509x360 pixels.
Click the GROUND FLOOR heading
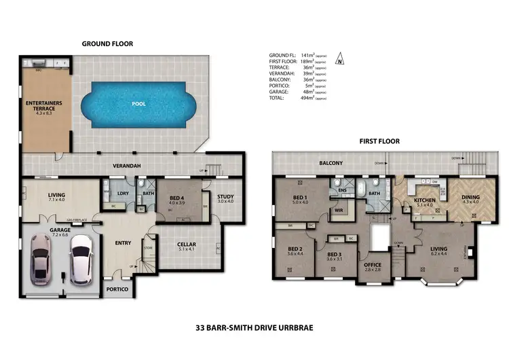pos(108,43)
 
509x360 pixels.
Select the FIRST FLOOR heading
pos(379,142)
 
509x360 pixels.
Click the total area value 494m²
pos(308,98)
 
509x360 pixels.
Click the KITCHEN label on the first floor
pos(424,201)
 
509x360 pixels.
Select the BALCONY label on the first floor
pos(332,163)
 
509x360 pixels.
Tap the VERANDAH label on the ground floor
pos(126,166)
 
